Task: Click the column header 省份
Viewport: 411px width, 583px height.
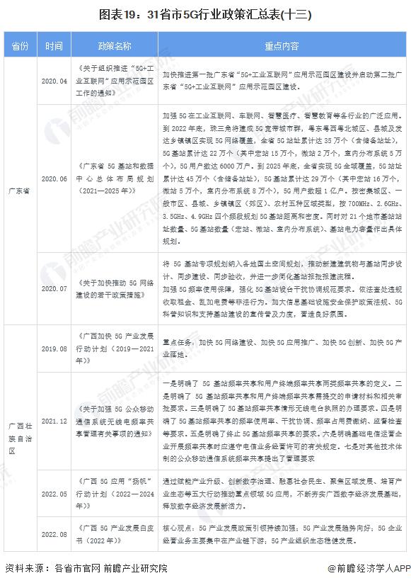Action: click(19, 46)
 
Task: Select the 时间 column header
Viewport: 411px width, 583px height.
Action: click(54, 46)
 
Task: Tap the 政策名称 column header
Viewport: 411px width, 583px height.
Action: click(115, 46)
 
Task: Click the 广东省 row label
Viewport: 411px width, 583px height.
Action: click(19, 191)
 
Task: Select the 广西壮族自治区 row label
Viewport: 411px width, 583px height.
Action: click(19, 438)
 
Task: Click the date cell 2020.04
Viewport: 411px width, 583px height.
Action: click(54, 81)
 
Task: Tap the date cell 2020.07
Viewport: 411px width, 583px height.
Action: click(54, 288)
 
